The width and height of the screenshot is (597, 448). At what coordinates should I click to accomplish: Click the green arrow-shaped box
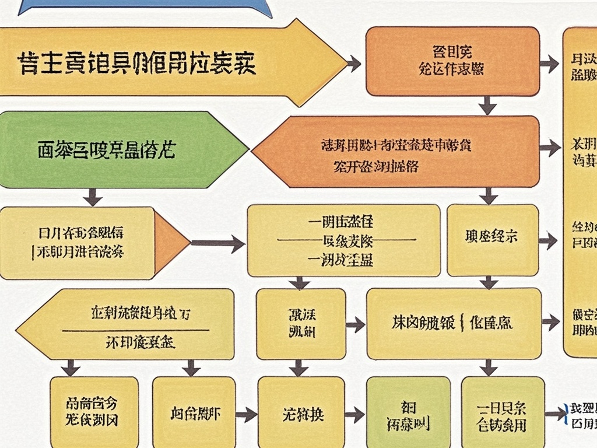tap(117, 150)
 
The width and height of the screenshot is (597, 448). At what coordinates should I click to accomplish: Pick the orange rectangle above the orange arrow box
tap(452, 61)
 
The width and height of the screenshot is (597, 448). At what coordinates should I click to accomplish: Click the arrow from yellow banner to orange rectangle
tap(354, 63)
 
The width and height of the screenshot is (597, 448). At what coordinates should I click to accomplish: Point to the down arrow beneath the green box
tap(92, 197)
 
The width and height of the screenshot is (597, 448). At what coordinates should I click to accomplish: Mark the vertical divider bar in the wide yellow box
tap(462, 322)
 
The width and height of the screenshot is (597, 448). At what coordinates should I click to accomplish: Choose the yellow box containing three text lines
tap(343, 240)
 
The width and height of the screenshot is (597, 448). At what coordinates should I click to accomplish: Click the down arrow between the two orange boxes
tap(488, 106)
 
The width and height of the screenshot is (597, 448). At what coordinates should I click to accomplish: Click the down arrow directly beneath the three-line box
tap(300, 283)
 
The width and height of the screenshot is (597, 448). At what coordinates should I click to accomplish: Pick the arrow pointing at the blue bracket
tap(554, 414)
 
